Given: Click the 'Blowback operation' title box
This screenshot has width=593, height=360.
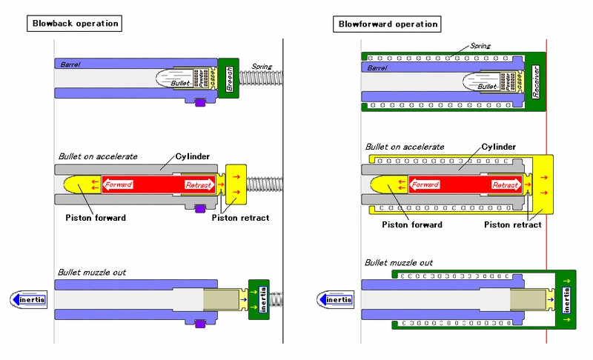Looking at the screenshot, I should [x=74, y=23].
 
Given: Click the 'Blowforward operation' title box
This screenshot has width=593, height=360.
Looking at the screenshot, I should [x=387, y=24].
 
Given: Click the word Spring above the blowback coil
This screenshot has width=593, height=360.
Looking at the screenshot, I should [x=262, y=67].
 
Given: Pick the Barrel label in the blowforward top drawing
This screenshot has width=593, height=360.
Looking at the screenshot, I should [x=377, y=67].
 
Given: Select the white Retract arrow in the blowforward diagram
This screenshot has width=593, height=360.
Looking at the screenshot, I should [x=506, y=184].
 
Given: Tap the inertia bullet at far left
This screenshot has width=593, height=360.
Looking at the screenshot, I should [x=29, y=299].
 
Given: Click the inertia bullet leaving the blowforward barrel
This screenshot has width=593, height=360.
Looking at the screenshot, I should [x=336, y=299].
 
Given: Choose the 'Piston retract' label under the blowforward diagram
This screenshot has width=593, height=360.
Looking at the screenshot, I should [x=512, y=224].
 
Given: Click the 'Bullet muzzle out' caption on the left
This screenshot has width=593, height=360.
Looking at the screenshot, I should [x=92, y=273].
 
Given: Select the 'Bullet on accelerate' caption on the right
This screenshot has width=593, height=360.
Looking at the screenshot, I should [x=405, y=147].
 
